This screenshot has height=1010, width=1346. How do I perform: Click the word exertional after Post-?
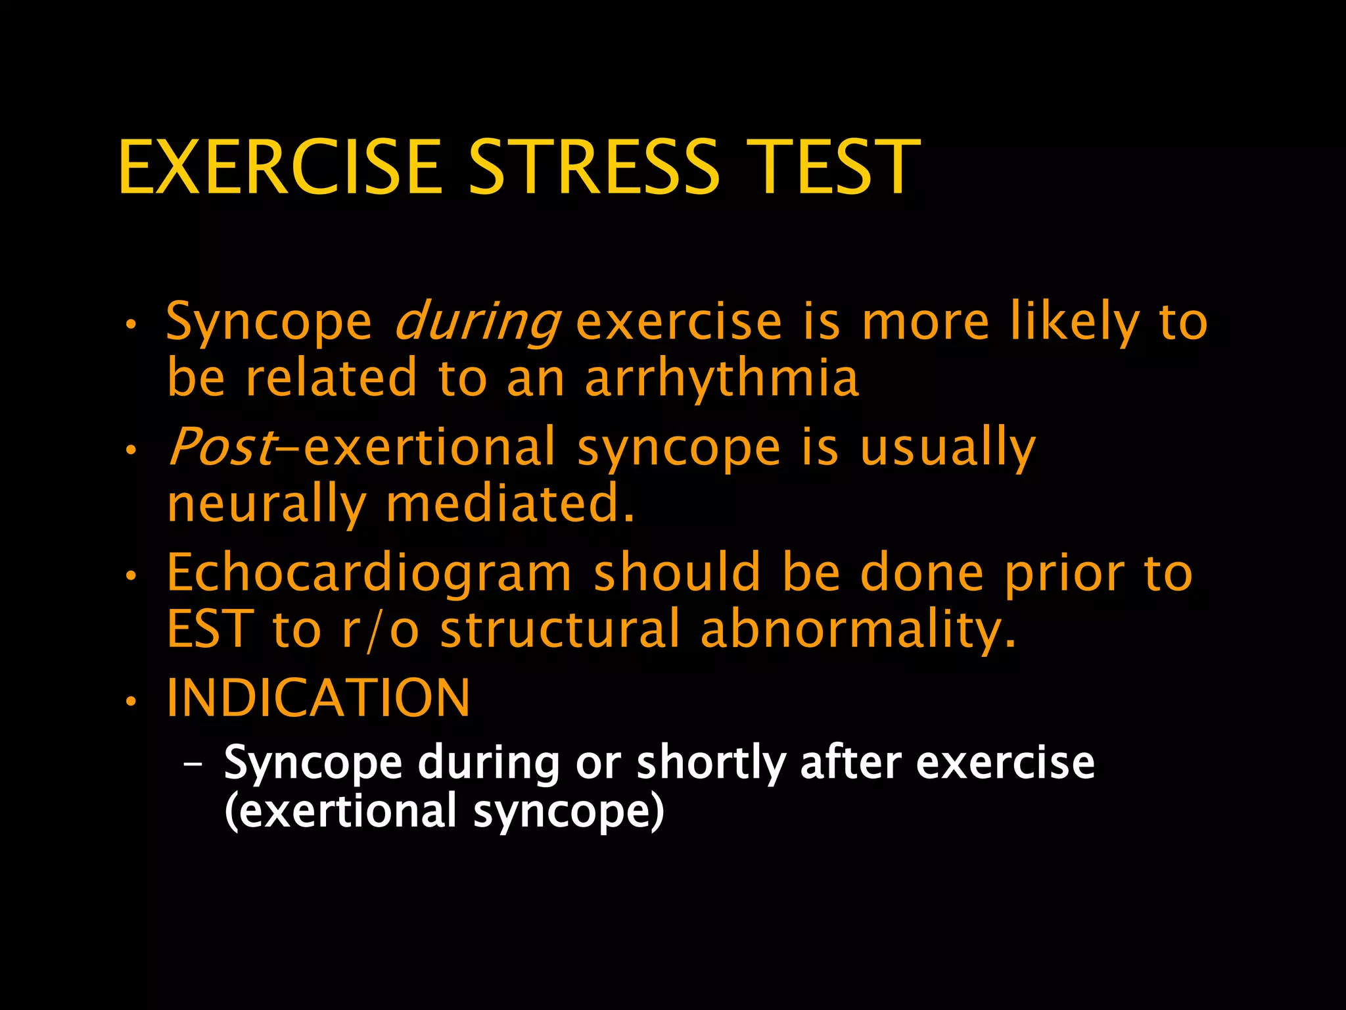coord(430,447)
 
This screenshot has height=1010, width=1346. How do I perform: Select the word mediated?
coord(510,504)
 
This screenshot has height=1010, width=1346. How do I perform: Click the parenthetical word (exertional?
coord(340,811)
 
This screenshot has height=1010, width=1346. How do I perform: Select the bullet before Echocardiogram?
coord(131,577)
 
